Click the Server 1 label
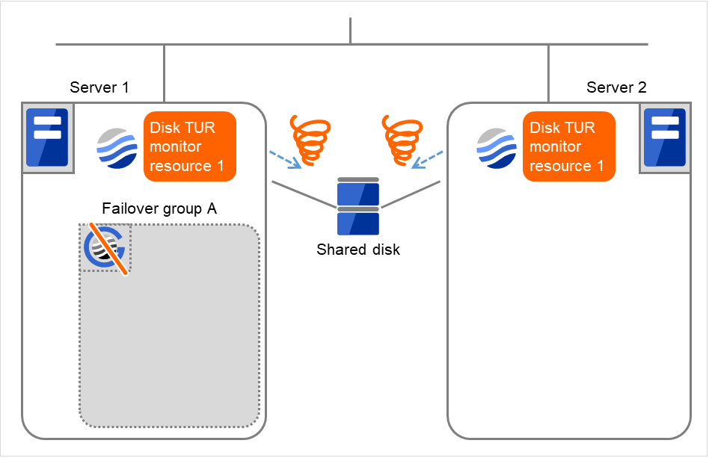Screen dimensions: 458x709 (x=99, y=87)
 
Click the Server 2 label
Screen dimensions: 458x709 (x=616, y=87)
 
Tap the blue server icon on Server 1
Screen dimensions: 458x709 (x=47, y=137)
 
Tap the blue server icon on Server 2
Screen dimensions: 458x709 (x=664, y=137)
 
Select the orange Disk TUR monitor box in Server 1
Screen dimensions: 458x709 (x=189, y=146)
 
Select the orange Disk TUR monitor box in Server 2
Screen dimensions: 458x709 (x=568, y=146)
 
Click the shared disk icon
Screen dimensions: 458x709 (x=358, y=206)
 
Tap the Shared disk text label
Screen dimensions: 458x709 (x=358, y=250)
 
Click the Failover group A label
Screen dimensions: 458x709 (x=159, y=208)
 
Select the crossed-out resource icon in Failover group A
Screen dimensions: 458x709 (x=105, y=248)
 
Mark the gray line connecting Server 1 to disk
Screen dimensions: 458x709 (x=303, y=194)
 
